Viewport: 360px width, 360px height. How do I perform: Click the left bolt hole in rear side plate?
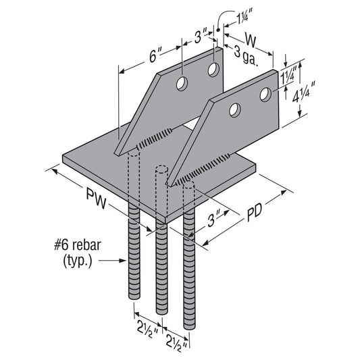(x=182, y=84)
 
